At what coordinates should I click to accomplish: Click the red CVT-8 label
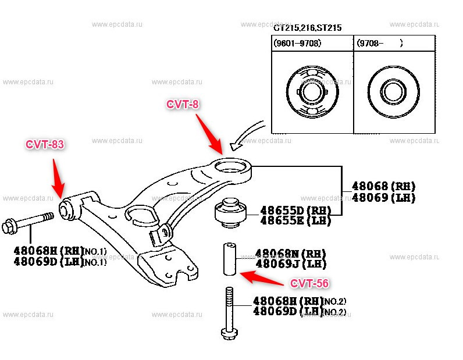coord(183,105)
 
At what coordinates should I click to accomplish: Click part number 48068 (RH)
coord(383,187)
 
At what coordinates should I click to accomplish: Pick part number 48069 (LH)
coord(383,198)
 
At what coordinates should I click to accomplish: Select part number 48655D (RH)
coord(295,210)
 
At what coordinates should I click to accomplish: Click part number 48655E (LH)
coord(295,220)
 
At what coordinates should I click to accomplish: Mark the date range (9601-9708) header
coord(297,42)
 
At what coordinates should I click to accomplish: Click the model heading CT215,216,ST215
coord(308,27)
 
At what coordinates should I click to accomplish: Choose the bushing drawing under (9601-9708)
coord(312,92)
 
